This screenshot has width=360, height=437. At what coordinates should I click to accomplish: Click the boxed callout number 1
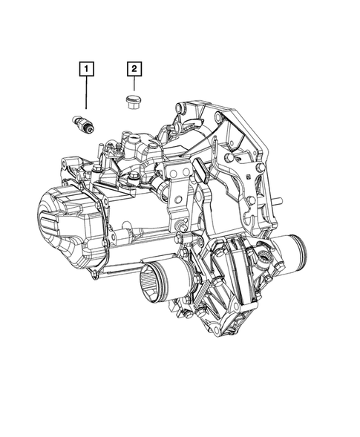[x=88, y=70]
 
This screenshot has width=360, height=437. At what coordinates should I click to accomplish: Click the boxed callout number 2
[x=134, y=70]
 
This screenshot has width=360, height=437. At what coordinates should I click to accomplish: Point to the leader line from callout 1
[x=86, y=96]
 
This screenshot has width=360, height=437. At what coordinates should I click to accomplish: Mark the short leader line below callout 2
[x=133, y=85]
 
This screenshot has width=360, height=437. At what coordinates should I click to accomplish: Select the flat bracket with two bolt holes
[x=177, y=190]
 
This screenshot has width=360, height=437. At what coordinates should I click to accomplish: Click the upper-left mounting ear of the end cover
[x=71, y=165]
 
